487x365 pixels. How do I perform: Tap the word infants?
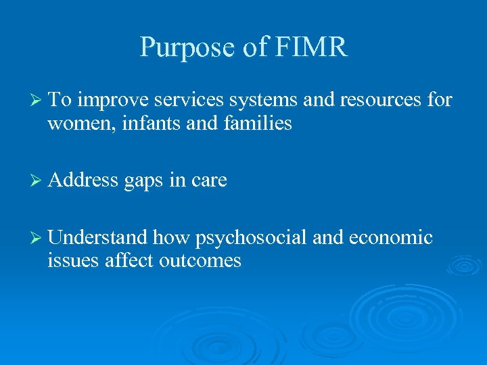coord(144,124)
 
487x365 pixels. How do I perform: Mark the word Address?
coord(83,180)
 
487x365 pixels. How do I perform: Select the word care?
coord(208,180)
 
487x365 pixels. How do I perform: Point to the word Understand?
coord(97,238)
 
